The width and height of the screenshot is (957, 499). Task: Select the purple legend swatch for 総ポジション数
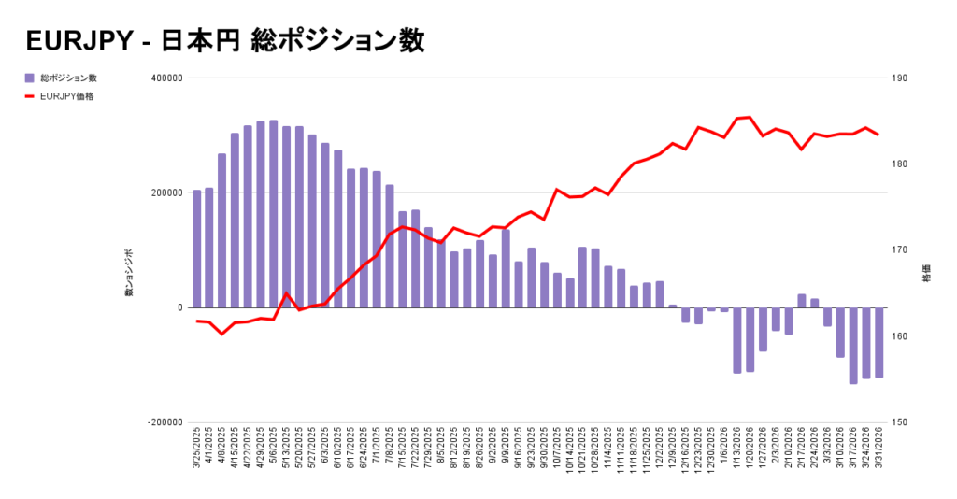point(30,78)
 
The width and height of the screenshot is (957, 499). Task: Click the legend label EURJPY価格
point(66,95)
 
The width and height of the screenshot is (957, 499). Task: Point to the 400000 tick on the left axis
point(164,78)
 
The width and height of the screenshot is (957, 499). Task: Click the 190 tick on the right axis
point(902,78)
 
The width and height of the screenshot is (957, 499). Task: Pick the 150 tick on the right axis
point(902,422)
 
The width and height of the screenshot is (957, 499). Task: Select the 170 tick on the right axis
point(902,250)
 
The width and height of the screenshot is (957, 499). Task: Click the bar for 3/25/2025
point(196,249)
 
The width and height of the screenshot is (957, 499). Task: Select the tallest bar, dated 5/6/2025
point(273,214)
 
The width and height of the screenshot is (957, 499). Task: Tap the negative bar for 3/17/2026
point(853,345)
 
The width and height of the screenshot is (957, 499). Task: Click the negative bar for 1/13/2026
point(737,340)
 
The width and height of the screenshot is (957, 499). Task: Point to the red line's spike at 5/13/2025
point(287,293)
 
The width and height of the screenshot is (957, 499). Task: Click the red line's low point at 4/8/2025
point(222,334)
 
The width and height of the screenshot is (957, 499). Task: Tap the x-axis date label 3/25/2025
point(197,449)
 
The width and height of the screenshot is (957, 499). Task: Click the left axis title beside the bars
point(129,273)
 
